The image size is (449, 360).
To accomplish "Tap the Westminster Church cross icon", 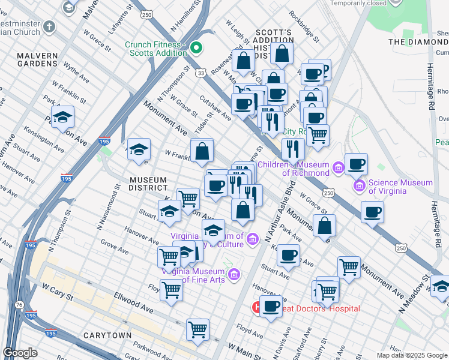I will [49, 27].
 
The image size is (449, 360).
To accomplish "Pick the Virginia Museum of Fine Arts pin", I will [235, 275].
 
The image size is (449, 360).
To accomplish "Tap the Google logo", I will [20, 353].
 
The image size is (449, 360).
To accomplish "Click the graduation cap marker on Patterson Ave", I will [62, 119].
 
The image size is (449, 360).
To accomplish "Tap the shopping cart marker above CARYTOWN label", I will [197, 329].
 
